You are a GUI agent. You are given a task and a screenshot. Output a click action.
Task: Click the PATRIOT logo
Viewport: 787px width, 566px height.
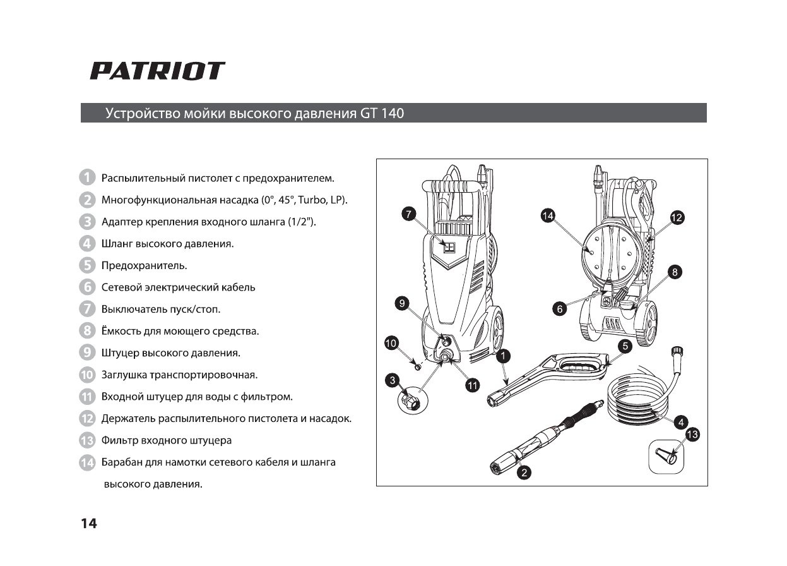point(157,71)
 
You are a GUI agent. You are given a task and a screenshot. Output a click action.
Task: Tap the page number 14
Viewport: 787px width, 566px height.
point(89,523)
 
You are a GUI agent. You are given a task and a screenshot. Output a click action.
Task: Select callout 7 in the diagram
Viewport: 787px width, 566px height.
point(409,215)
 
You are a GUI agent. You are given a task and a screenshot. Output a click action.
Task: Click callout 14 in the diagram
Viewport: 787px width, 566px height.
point(548,216)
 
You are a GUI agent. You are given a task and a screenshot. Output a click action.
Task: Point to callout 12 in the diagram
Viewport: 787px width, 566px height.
point(677,217)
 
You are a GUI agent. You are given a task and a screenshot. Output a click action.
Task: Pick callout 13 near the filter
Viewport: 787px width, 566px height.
point(692,435)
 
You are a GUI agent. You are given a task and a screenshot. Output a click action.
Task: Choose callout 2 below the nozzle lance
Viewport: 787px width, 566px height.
point(523,472)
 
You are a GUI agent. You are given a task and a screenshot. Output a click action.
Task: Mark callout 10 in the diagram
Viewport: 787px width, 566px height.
point(391,343)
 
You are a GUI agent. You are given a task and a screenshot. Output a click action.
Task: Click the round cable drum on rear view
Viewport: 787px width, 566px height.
point(607,254)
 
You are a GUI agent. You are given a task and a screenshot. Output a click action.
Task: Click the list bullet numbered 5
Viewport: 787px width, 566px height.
point(87,265)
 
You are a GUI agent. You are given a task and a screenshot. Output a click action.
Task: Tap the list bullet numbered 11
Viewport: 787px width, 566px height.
point(87,397)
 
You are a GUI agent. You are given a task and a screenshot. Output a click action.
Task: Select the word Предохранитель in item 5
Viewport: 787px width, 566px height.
point(144,265)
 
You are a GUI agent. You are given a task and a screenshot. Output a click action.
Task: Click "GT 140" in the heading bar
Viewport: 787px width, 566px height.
point(382,114)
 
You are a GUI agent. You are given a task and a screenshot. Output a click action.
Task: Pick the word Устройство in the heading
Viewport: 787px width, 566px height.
point(143,114)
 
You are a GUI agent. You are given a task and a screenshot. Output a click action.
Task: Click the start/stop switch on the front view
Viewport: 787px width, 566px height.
point(449,247)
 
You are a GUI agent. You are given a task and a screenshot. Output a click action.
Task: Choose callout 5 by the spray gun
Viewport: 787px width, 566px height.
point(625,346)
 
